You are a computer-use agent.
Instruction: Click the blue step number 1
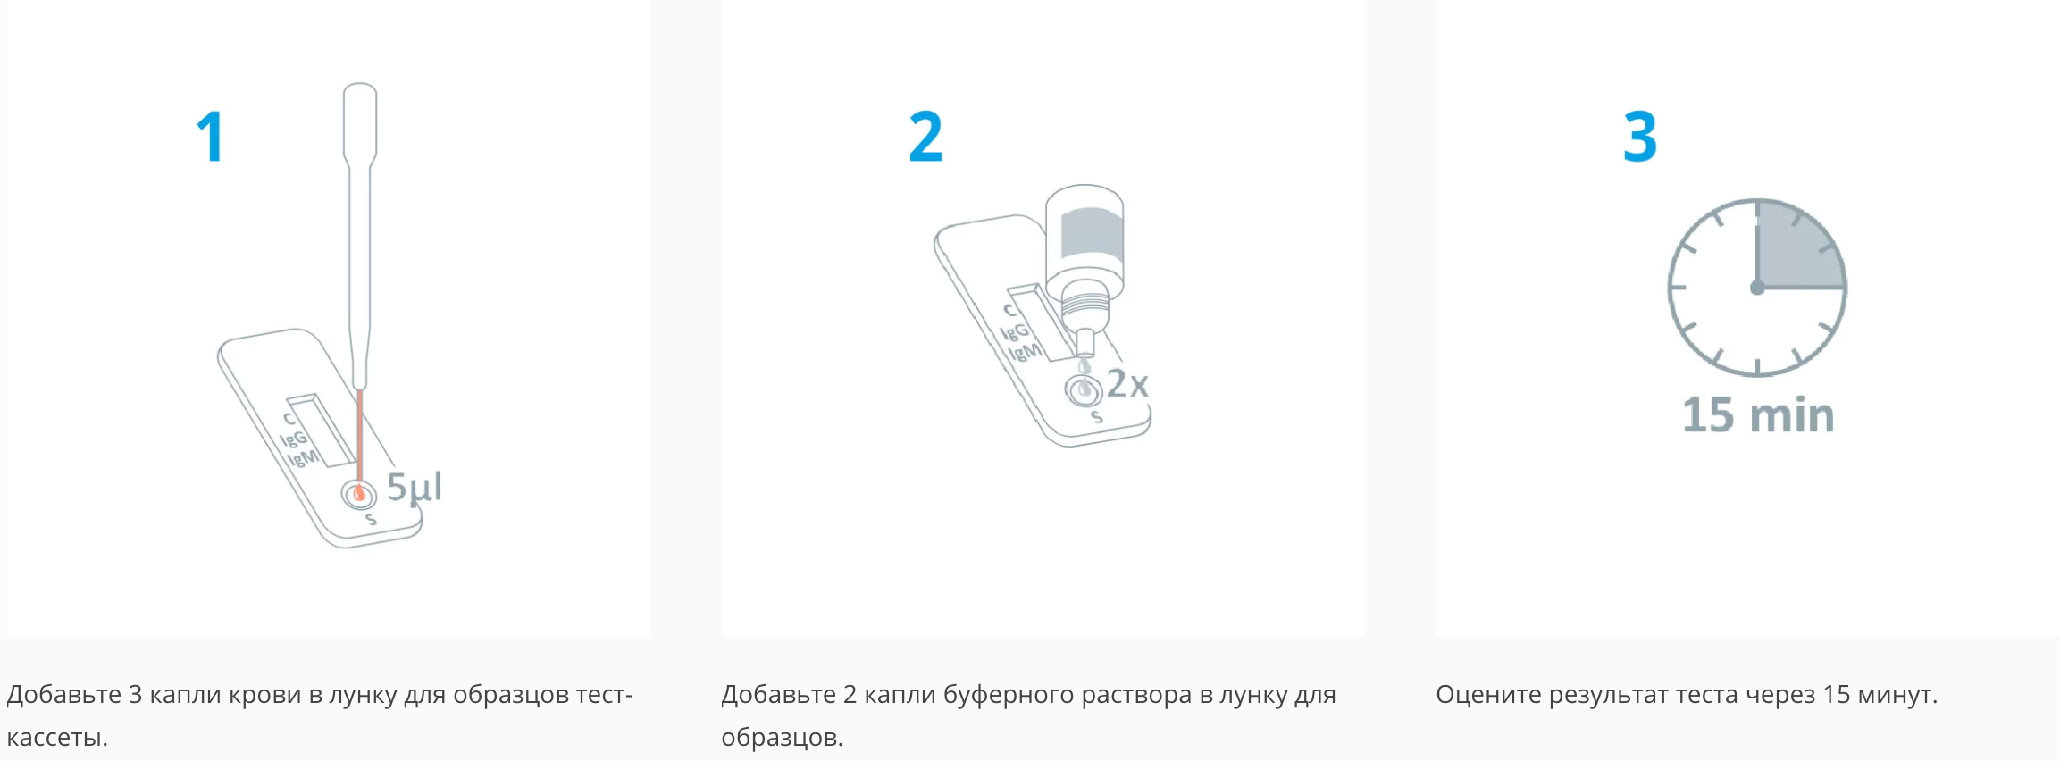click(x=211, y=137)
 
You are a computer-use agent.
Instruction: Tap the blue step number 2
click(x=925, y=137)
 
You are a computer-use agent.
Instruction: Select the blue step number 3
click(x=1640, y=137)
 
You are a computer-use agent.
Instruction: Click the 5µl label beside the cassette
click(x=415, y=488)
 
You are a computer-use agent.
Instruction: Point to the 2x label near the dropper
click(x=1127, y=384)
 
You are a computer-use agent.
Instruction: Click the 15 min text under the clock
click(x=1758, y=415)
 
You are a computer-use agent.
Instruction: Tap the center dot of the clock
click(x=1757, y=288)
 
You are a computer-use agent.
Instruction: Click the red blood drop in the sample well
click(x=359, y=492)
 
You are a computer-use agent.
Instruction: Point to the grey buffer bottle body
click(x=1084, y=237)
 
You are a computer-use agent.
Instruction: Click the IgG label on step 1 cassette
click(x=294, y=439)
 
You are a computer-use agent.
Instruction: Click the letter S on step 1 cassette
click(x=371, y=520)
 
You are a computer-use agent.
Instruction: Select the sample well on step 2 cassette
click(x=1084, y=390)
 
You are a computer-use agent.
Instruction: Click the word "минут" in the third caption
click(x=1894, y=695)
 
